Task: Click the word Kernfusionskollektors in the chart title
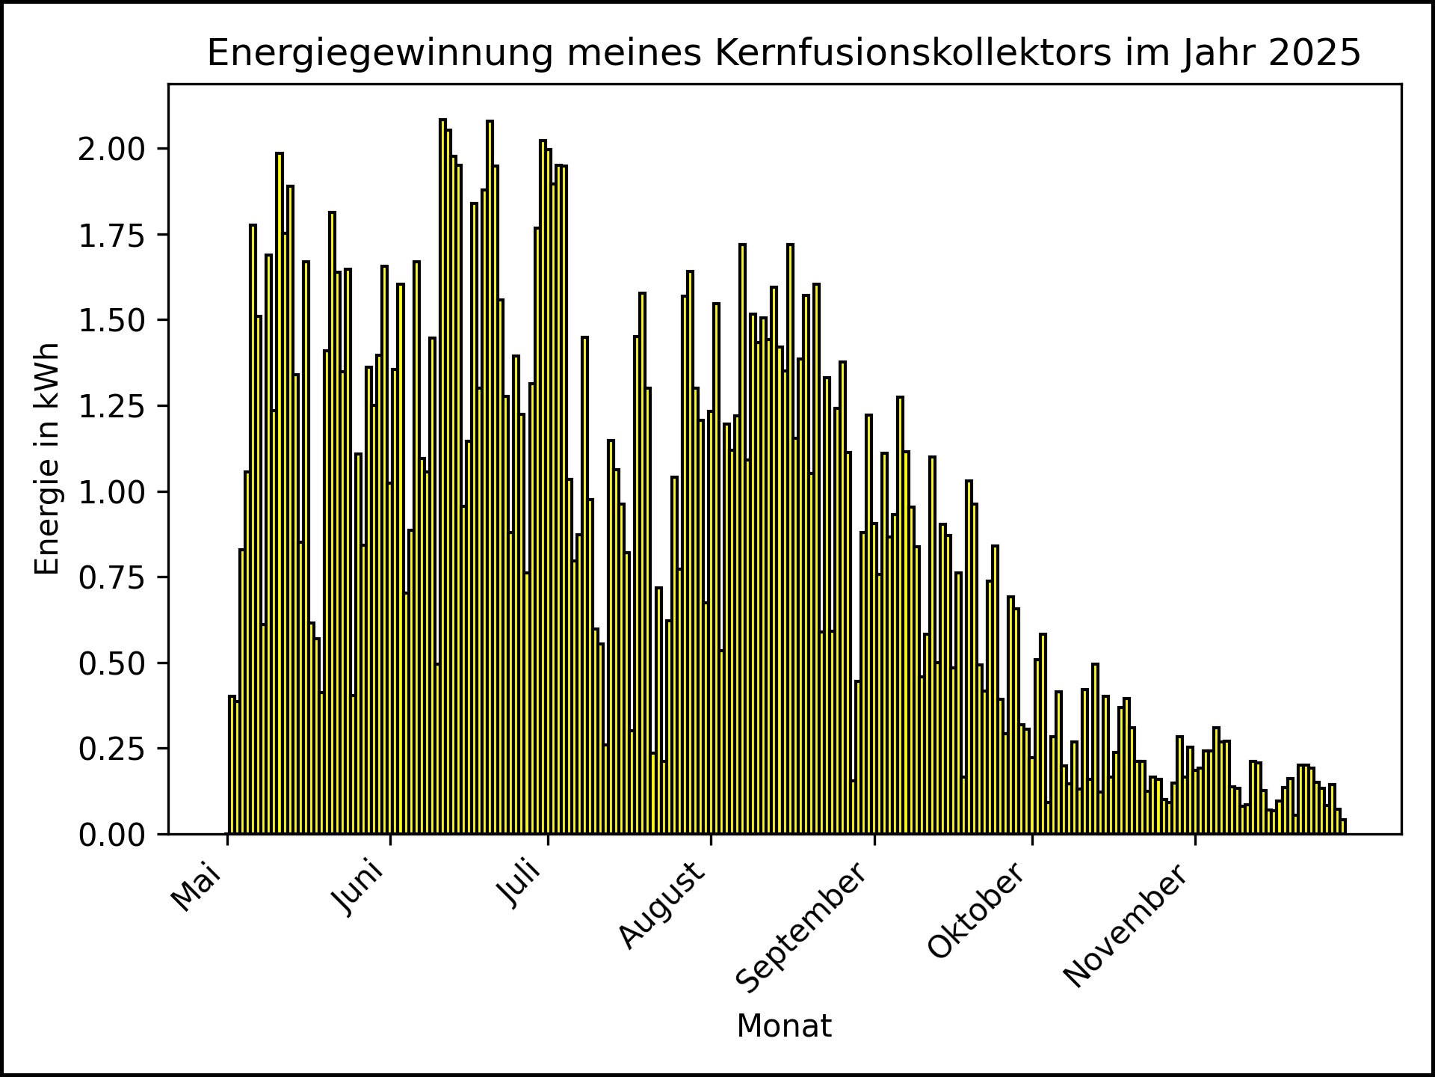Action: pos(914,53)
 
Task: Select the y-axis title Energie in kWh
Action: pos(47,459)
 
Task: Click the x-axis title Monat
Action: pos(784,1026)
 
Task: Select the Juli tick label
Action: pos(520,885)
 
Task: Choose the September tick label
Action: pos(802,928)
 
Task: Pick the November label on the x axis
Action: pos(1125,926)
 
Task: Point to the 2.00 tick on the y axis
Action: pos(113,149)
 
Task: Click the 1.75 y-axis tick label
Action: pos(113,235)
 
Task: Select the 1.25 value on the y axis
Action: pos(113,406)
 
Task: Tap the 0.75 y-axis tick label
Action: pos(113,577)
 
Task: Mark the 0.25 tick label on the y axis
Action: pos(113,749)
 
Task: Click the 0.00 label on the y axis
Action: pos(113,835)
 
